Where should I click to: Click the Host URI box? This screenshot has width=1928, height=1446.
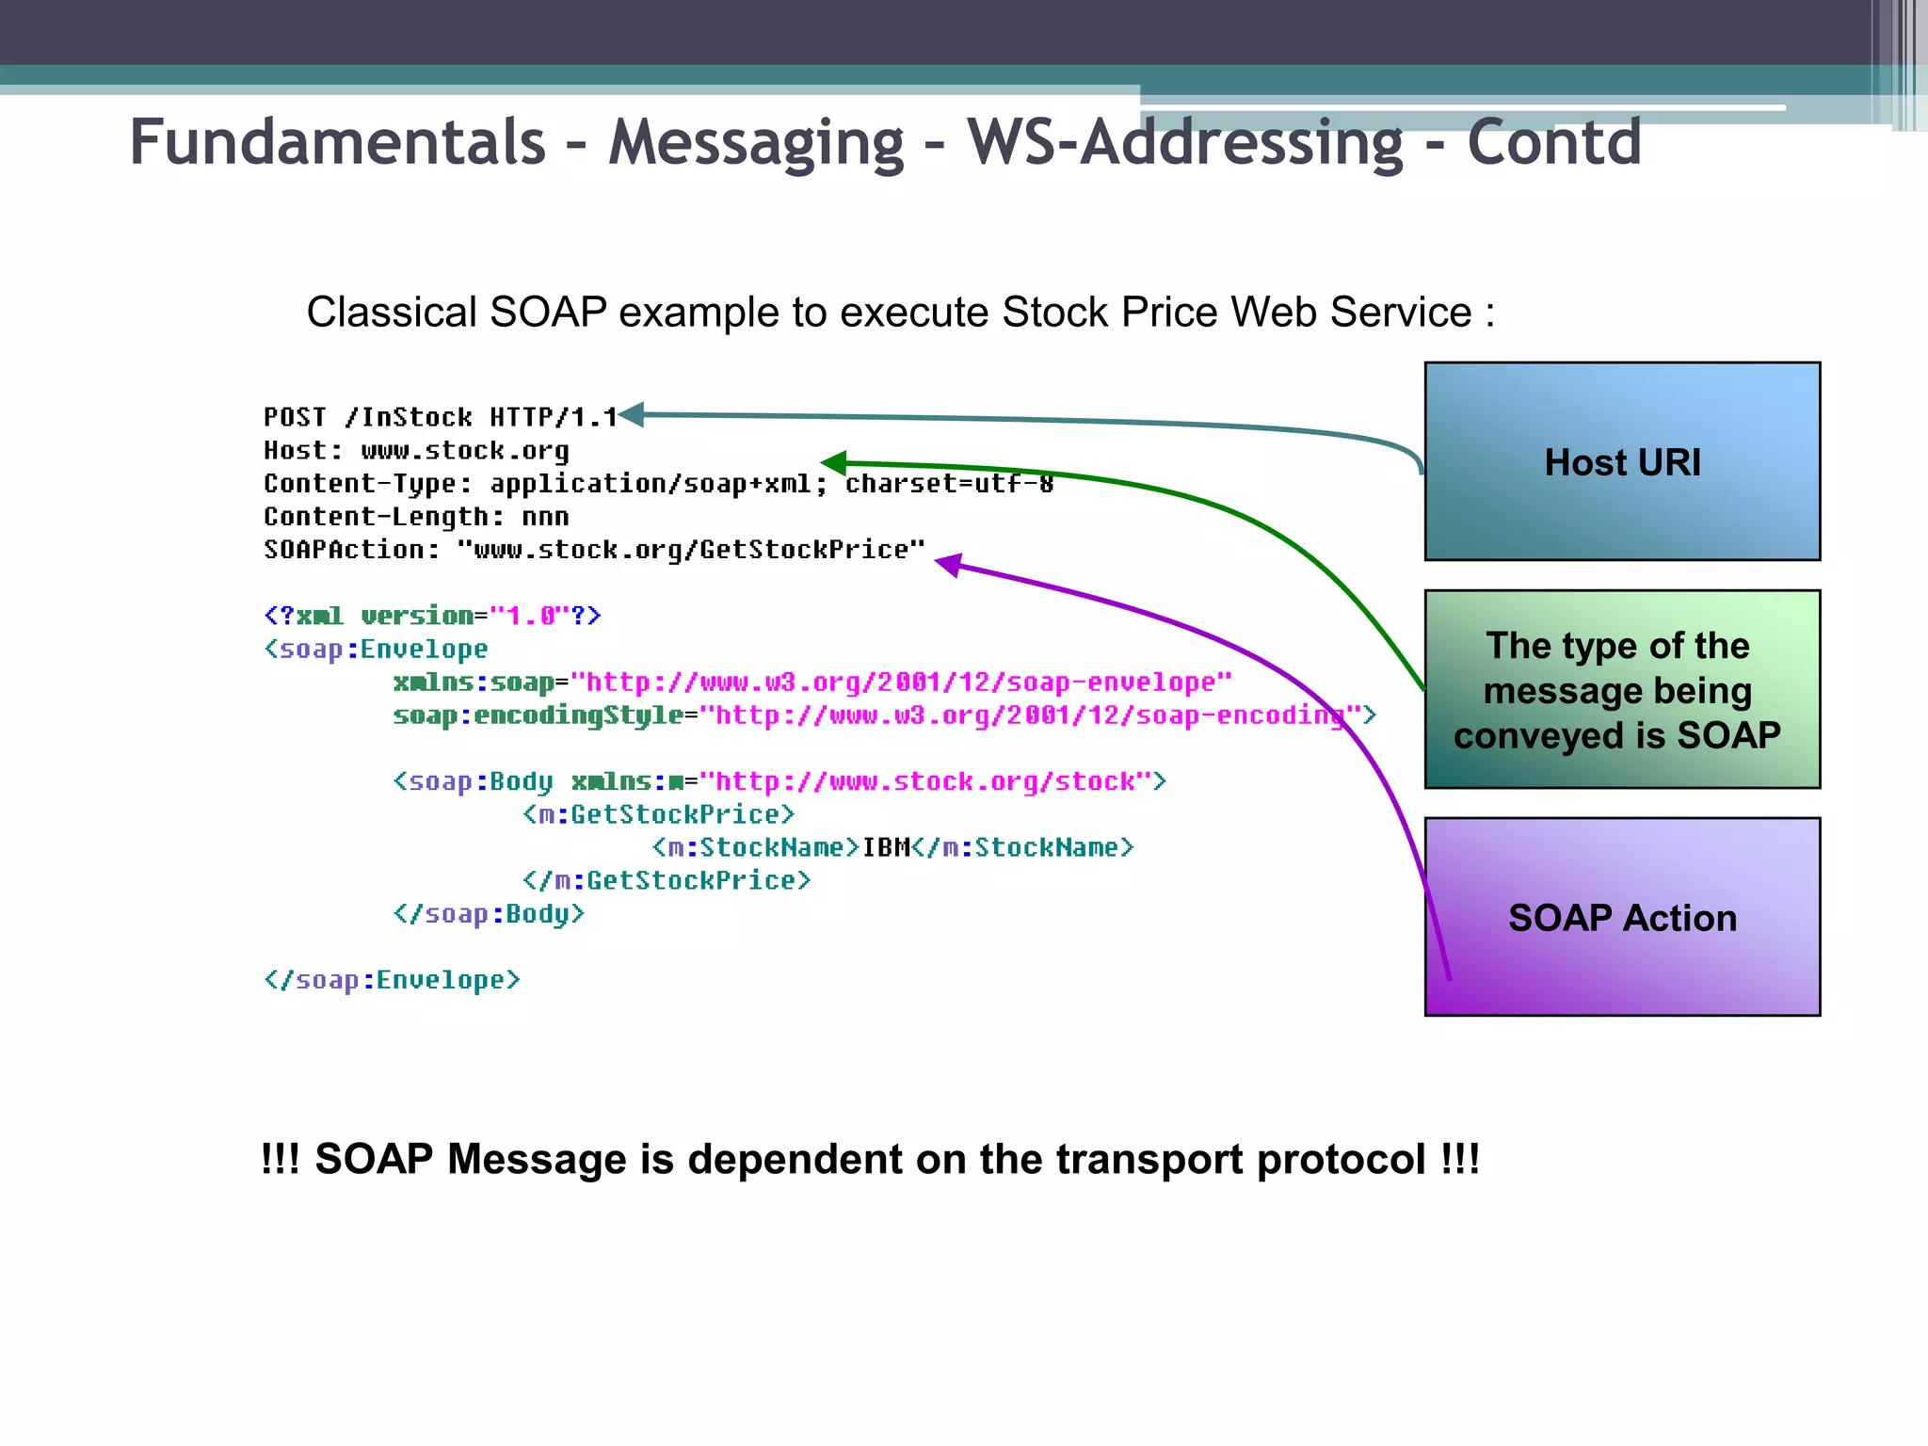tap(1621, 461)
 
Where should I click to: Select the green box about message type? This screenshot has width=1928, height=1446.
tap(1621, 689)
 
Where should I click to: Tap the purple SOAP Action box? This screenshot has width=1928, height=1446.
tap(1621, 917)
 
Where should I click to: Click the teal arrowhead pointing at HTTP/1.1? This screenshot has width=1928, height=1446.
tap(632, 414)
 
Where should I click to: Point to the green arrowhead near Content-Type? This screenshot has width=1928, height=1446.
tap(834, 462)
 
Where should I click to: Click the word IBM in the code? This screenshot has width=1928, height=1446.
tap(886, 847)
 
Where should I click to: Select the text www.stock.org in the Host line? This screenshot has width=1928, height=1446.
tap(465, 451)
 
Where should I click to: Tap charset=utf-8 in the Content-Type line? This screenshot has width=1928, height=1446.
tap(949, 484)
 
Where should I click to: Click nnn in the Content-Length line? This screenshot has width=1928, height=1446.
tap(545, 517)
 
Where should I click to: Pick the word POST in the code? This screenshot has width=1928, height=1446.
tap(295, 417)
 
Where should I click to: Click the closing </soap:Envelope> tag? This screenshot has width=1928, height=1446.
tap(392, 980)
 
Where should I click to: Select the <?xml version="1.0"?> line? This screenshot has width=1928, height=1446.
tap(432, 616)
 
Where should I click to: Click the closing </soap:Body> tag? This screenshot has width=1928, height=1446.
tap(489, 914)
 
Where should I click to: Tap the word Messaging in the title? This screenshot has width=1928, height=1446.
tap(756, 143)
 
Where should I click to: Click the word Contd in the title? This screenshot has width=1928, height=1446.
tap(1553, 143)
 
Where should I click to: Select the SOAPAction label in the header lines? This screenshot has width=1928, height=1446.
tap(351, 550)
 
